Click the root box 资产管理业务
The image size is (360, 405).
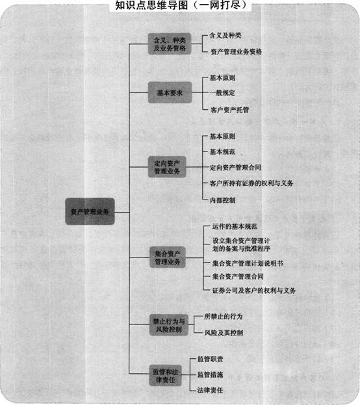click(x=90, y=211)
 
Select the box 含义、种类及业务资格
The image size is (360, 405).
click(x=170, y=44)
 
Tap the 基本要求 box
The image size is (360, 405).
click(x=170, y=92)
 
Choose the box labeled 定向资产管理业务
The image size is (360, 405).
click(x=167, y=167)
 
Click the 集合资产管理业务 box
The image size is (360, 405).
click(x=168, y=257)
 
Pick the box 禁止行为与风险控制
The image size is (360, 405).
click(x=169, y=325)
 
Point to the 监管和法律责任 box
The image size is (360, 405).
click(x=166, y=376)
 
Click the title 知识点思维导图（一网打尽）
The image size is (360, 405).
click(x=181, y=5)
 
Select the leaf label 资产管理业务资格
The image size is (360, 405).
click(x=236, y=51)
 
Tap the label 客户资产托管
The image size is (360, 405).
click(x=229, y=110)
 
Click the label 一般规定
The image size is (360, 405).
click(x=222, y=92)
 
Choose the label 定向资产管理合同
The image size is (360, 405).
click(x=235, y=167)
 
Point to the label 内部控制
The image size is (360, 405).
click(x=223, y=200)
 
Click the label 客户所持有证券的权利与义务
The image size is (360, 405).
click(x=251, y=183)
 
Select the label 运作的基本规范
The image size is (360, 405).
click(x=235, y=226)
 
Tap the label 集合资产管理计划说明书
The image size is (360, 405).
click(x=248, y=263)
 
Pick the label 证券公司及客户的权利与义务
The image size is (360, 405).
click(x=254, y=291)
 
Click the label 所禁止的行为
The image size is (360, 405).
click(x=224, y=317)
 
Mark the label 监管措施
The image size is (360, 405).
click(x=210, y=374)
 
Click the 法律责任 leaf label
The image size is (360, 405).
click(x=210, y=390)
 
